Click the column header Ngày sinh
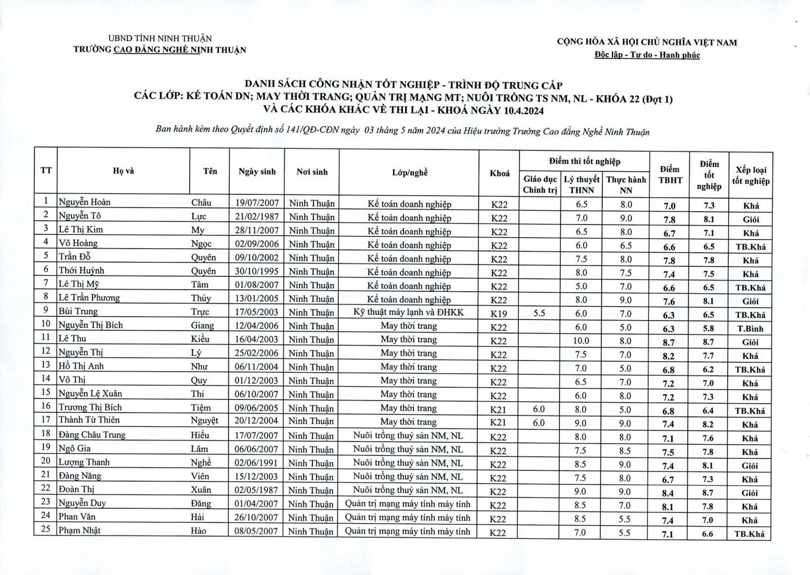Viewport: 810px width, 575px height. point(257,172)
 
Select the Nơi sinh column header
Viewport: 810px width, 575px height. point(312,172)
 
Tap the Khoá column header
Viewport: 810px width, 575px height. point(499,173)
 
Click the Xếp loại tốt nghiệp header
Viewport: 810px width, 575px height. point(750,175)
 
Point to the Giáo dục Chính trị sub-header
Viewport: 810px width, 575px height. point(540,184)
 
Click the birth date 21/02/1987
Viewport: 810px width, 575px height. point(257,217)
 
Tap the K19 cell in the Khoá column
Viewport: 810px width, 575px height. point(499,314)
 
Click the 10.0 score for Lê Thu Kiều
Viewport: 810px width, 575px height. point(581,341)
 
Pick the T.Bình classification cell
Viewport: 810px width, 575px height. point(750,328)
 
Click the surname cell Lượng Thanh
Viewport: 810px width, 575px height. point(84,462)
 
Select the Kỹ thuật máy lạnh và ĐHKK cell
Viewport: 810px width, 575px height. point(409,312)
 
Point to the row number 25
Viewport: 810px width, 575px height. point(46,530)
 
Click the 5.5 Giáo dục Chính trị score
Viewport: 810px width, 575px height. point(539,313)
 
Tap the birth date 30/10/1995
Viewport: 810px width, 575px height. point(257,271)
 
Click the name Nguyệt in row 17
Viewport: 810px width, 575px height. point(205,420)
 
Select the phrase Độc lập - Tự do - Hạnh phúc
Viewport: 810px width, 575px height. point(647,55)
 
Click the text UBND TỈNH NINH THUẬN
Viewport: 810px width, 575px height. point(160,39)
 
